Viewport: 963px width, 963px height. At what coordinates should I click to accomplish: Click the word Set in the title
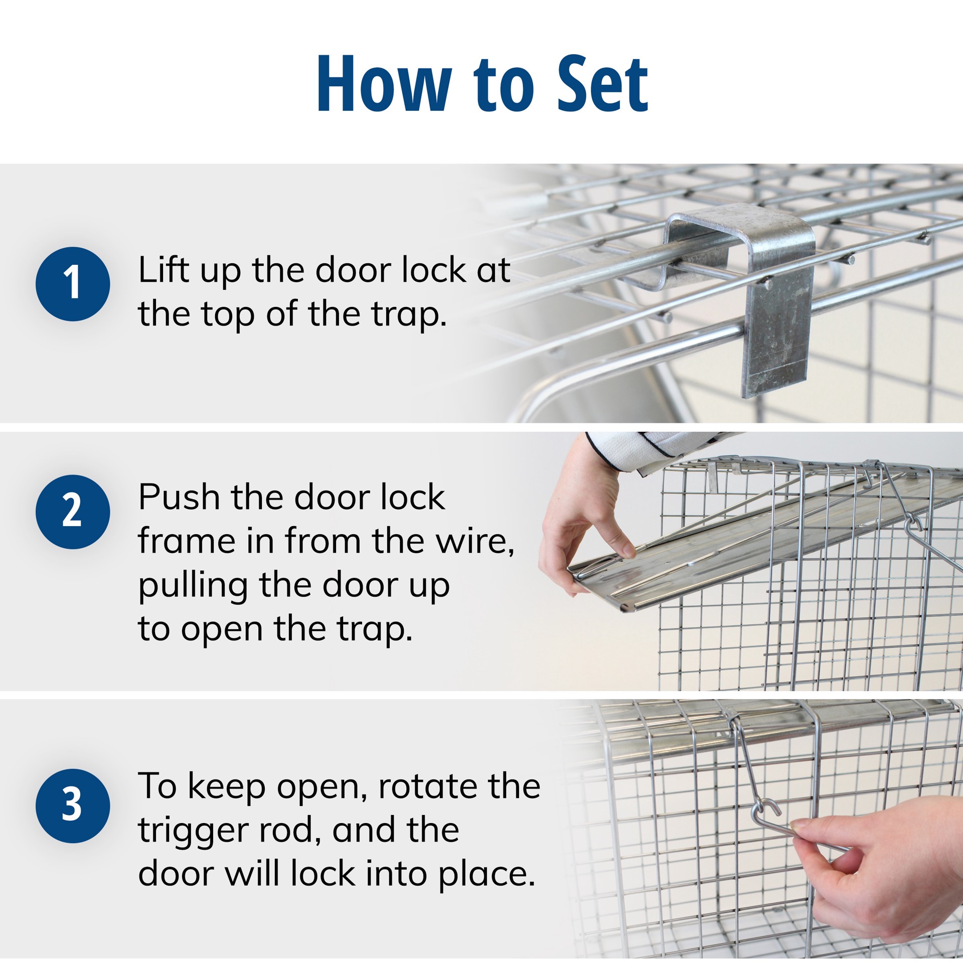click(602, 84)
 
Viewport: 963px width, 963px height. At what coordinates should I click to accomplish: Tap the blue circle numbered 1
click(73, 284)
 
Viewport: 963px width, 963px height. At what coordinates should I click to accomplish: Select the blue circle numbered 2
click(73, 512)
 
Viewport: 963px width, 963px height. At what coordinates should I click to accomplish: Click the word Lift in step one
click(163, 270)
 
